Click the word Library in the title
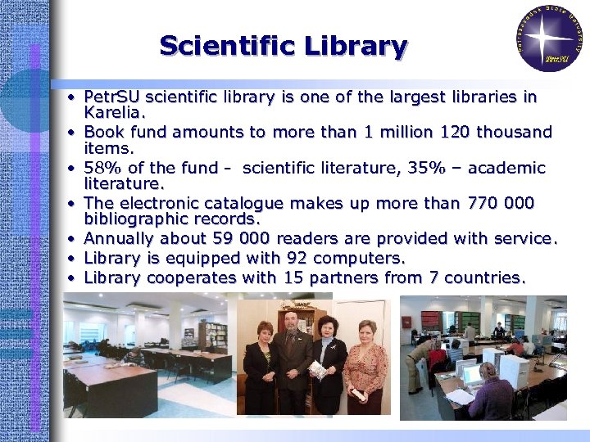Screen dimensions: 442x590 click(356, 46)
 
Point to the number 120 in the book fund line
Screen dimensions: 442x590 click(449, 132)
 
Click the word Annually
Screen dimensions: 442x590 click(120, 239)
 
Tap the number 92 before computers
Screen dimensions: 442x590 click(294, 258)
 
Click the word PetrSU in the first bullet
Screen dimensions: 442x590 click(114, 97)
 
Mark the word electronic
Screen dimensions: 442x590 click(158, 203)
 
